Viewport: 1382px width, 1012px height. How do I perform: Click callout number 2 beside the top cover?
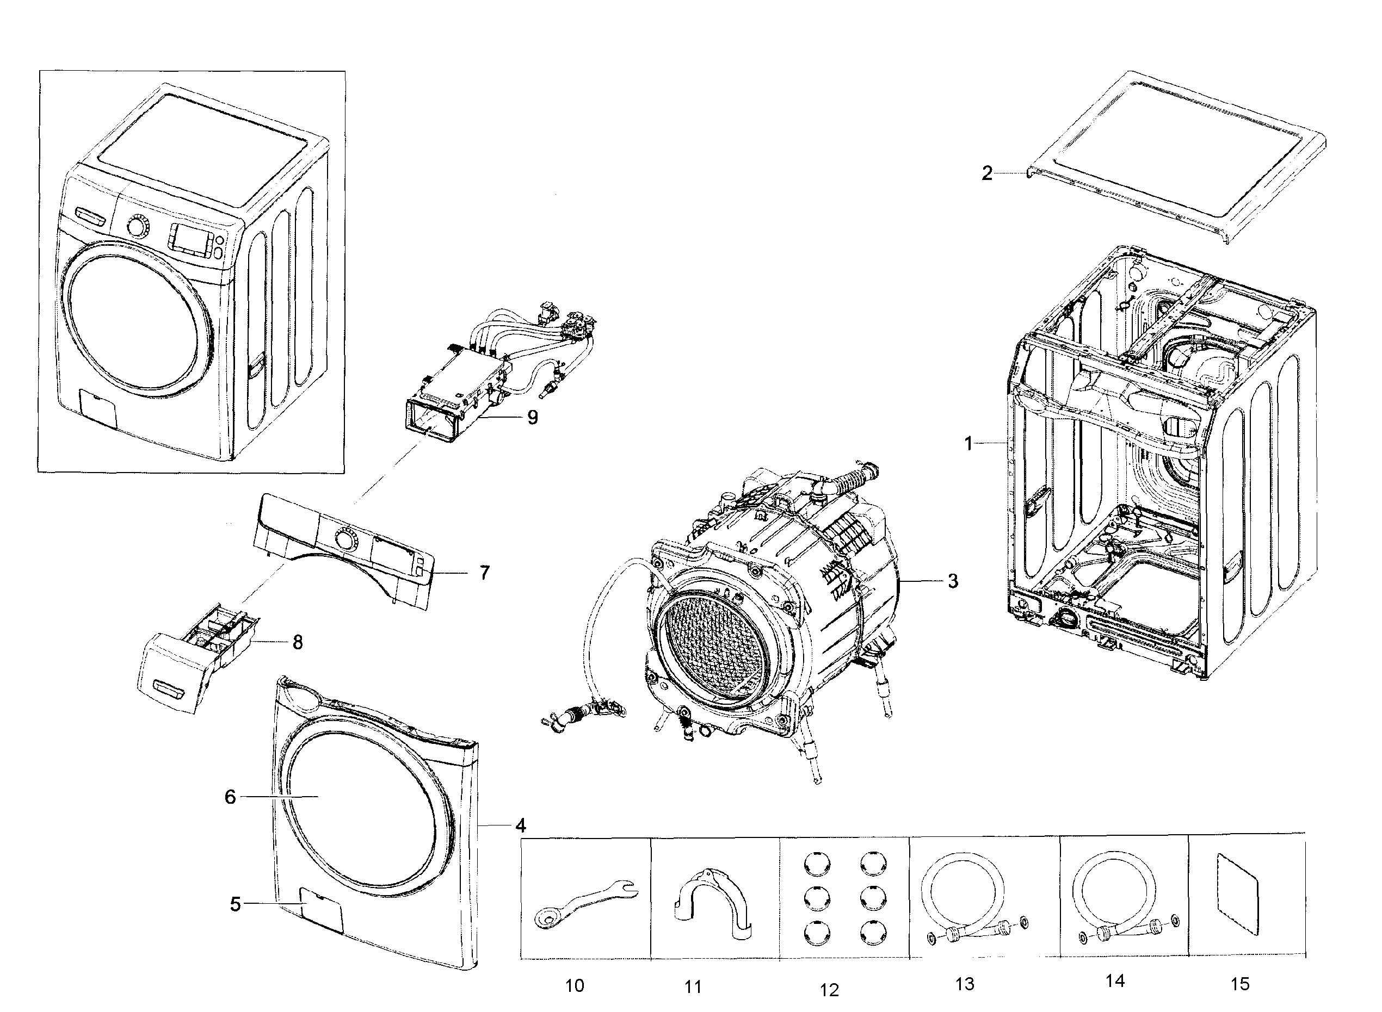[986, 173]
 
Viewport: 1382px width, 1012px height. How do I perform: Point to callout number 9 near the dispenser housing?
[532, 417]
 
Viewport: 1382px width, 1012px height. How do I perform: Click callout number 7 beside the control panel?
[484, 573]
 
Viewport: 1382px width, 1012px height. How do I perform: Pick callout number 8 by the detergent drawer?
[297, 642]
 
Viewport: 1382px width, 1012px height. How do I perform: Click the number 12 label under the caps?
[829, 989]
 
